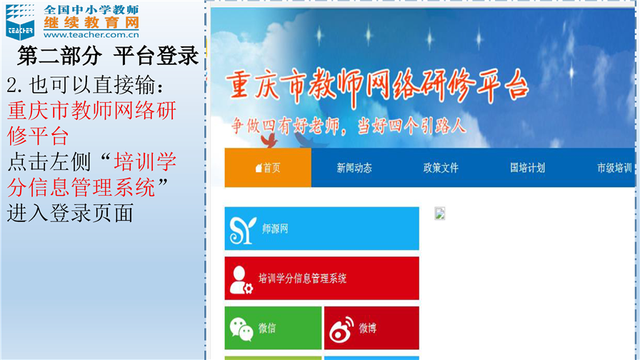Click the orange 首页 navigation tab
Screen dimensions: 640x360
point(268,168)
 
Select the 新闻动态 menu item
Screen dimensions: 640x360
point(354,168)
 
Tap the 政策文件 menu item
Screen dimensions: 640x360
point(441,168)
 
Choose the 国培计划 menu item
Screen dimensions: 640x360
point(527,168)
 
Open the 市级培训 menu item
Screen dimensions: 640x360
point(614,168)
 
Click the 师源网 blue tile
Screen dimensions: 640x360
point(321,229)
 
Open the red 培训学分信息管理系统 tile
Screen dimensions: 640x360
point(321,279)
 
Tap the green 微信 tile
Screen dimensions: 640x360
point(273,328)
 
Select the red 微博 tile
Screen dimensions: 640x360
point(371,328)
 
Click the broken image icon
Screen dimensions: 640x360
point(439,214)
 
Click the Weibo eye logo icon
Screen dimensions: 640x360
point(341,329)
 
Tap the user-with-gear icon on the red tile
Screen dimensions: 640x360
point(241,280)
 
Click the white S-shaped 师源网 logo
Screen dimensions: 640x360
point(242,230)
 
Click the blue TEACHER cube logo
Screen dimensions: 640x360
point(20,22)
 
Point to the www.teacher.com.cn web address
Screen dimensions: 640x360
point(91,35)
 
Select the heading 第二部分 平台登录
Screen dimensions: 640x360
point(108,56)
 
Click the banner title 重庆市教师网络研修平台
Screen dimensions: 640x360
point(377,87)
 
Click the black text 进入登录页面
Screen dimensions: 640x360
point(70,214)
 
